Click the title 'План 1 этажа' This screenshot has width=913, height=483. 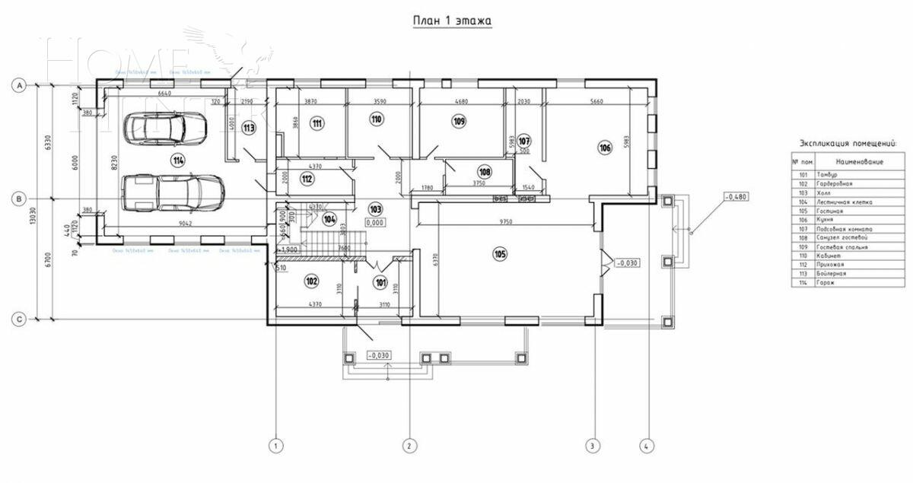coord(452,21)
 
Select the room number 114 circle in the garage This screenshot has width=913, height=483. coord(178,160)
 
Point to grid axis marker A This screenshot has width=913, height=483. coord(19,86)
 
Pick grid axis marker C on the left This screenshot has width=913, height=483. coord(19,319)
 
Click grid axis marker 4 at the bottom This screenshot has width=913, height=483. coord(647,446)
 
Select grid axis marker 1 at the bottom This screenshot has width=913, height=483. coord(277,446)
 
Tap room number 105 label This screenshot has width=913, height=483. coord(499,253)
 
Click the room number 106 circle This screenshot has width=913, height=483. coord(605,148)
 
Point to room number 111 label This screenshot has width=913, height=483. coord(317,122)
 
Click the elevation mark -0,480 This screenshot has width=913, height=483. coord(735,197)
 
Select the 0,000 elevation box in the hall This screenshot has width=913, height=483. coord(374,223)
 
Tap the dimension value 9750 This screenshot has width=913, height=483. coord(506,221)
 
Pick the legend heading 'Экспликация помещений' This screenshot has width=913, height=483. coord(848,142)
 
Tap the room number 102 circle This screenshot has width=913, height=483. coord(310,281)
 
